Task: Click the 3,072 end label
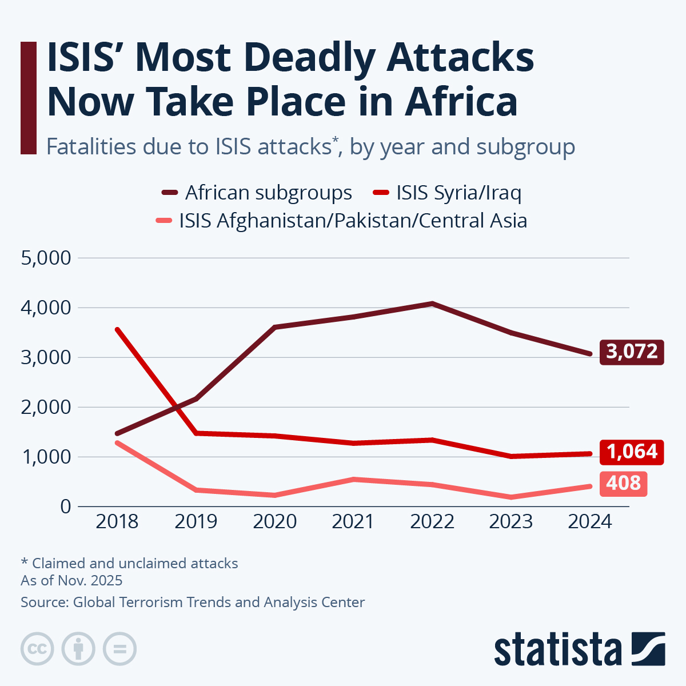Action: pyautogui.click(x=632, y=352)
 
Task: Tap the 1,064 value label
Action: pyautogui.click(x=632, y=452)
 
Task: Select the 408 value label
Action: pyautogui.click(x=623, y=484)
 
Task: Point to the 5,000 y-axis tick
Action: pyautogui.click(x=46, y=258)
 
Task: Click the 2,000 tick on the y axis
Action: pyautogui.click(x=46, y=408)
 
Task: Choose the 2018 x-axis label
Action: pyautogui.click(x=117, y=522)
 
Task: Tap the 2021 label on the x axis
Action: pyautogui.click(x=353, y=522)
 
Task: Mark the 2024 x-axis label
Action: pyautogui.click(x=590, y=522)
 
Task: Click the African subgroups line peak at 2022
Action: pyautogui.click(x=433, y=304)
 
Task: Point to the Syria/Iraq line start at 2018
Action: pyautogui.click(x=117, y=329)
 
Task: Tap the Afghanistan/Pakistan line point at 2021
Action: pyautogui.click(x=354, y=479)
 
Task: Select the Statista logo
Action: pyautogui.click(x=579, y=649)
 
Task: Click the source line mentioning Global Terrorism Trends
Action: pyautogui.click(x=193, y=603)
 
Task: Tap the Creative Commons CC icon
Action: pyautogui.click(x=37, y=649)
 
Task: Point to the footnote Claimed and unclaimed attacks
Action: pyautogui.click(x=130, y=564)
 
